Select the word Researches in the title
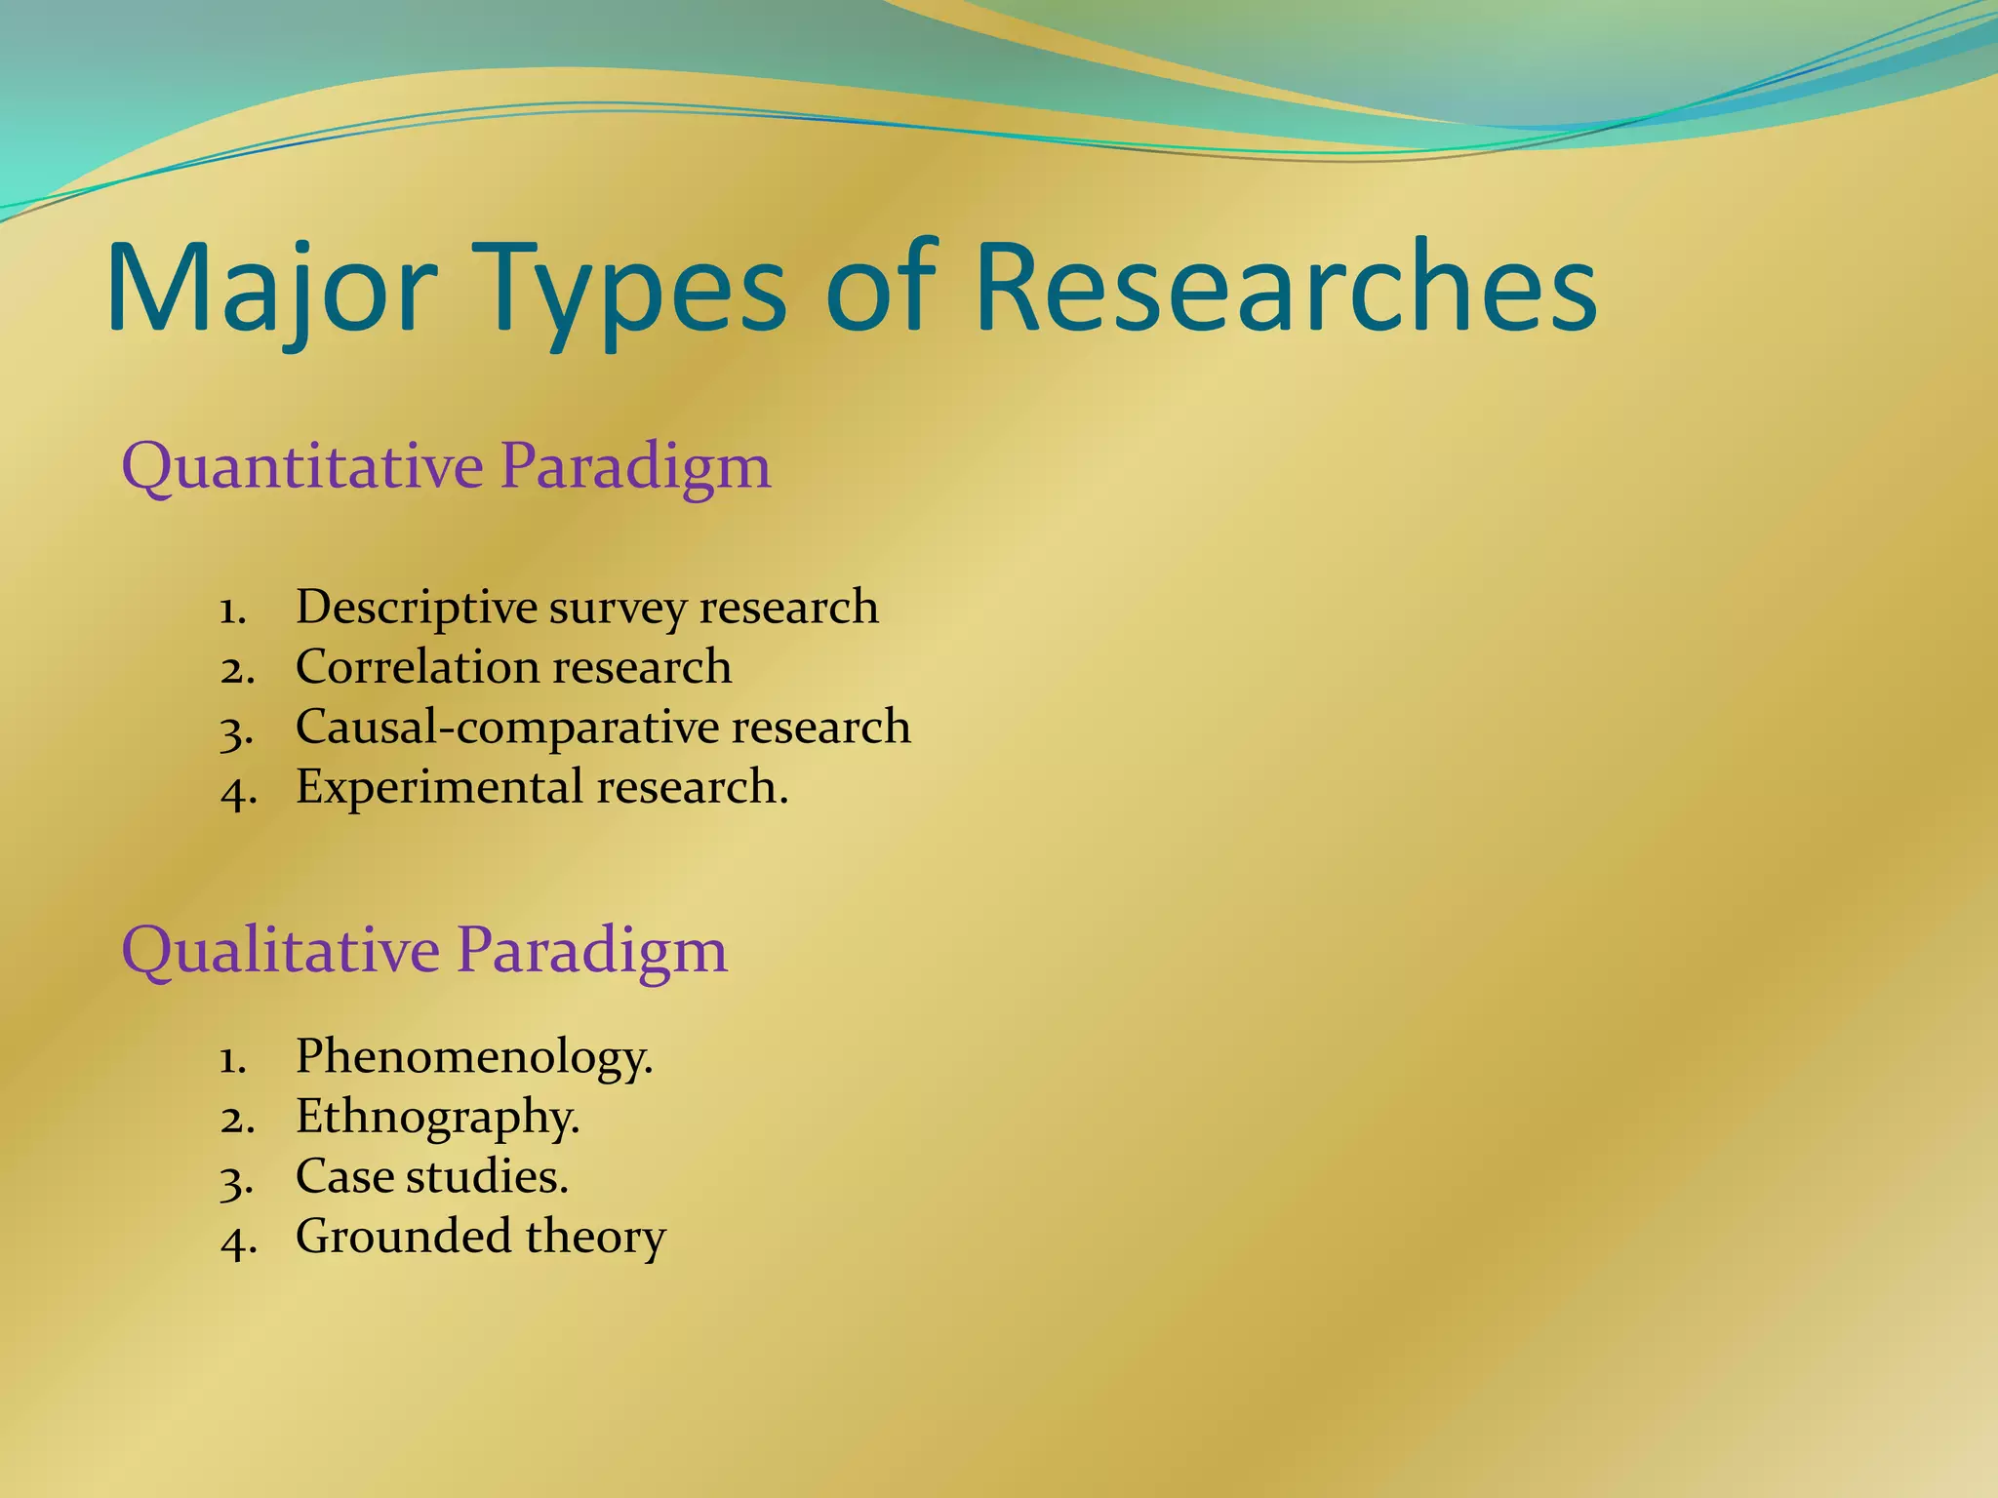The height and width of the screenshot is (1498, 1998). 1285,289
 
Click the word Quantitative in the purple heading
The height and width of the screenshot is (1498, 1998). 302,466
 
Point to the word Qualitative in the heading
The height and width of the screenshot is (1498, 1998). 281,950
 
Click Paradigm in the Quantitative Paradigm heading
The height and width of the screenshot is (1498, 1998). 635,466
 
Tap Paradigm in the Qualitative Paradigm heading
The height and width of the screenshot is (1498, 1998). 591,950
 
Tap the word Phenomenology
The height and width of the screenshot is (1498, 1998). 472,1056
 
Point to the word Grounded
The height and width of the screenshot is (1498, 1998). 403,1237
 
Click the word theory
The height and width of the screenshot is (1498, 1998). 595,1237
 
